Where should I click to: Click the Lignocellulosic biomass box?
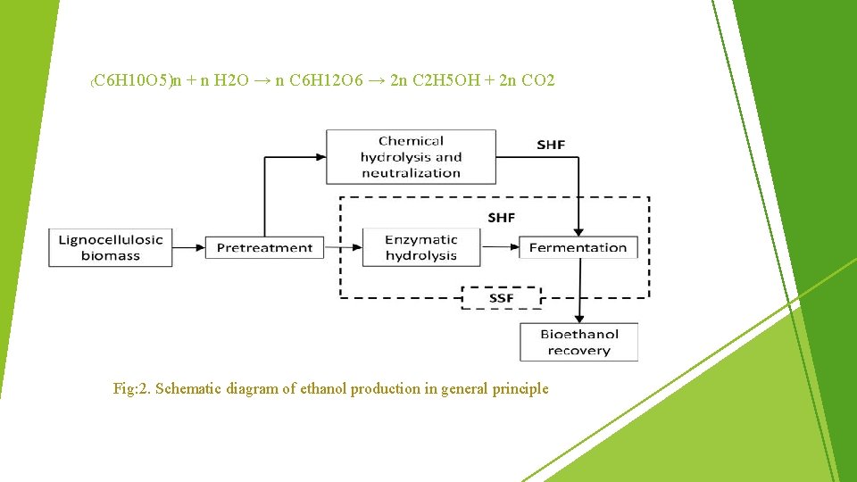coord(111,247)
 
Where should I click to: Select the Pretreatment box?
coord(265,247)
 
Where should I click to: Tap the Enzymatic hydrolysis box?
coord(420,247)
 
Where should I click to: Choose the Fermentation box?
coord(578,247)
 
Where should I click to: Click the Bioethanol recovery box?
coord(578,342)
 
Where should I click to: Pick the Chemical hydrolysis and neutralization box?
coord(411,157)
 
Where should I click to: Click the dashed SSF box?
coord(501,297)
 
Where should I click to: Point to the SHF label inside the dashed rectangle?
coord(501,218)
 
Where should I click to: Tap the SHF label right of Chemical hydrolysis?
coord(551,145)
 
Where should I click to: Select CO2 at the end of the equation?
coord(537,81)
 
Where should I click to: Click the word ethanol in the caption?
coord(321,388)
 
